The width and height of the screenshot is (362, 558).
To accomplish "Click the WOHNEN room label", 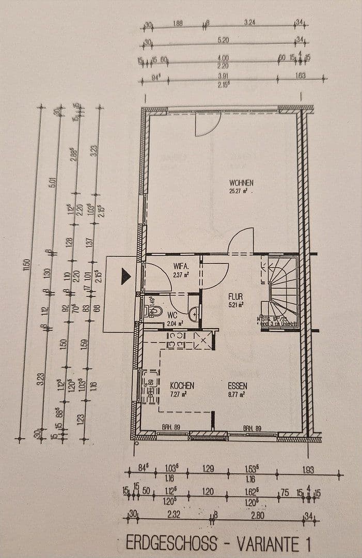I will (241, 182).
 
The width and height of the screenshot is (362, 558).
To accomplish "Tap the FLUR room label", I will (235, 297).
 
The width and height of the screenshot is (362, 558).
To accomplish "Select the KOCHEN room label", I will (182, 385).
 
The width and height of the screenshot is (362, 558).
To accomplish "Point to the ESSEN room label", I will (238, 385).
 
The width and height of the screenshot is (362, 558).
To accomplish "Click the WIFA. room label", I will (181, 267).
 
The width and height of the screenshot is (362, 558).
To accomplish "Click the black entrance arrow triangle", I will (126, 276).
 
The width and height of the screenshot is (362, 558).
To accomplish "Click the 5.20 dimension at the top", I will (224, 40).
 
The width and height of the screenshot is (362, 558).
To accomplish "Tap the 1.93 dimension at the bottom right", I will (308, 470).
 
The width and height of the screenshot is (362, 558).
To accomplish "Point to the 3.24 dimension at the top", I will (250, 23).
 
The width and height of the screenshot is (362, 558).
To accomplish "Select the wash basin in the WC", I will (193, 313).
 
